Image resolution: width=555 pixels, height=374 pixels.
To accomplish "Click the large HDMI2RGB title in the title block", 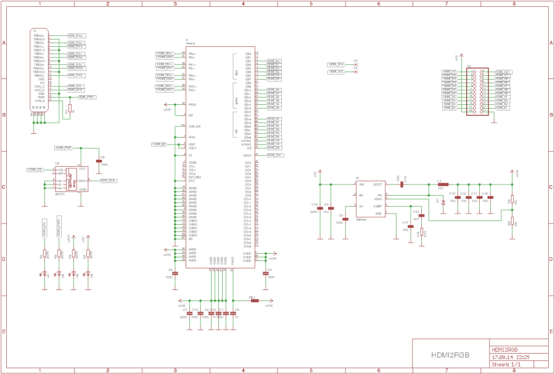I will click(450, 355).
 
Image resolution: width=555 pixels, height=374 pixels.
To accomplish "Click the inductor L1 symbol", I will click(442, 184).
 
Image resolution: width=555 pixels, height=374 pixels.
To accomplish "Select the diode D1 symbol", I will click(443, 202).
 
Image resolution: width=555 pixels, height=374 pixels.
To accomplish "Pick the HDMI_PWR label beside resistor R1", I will click(86, 97).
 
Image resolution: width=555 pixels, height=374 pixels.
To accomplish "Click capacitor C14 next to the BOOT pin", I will click(401, 184).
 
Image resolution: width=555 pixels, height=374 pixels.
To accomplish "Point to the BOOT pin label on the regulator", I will click(377, 184).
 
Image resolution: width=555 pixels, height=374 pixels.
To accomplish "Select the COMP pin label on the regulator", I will click(378, 206).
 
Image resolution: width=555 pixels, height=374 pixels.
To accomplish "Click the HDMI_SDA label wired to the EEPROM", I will click(109, 180).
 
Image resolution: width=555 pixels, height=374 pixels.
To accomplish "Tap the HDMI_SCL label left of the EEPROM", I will click(35, 169).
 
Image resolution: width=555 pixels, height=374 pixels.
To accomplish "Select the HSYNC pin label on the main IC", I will click(247, 141).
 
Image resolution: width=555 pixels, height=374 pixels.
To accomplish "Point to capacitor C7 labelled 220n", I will click(184, 314).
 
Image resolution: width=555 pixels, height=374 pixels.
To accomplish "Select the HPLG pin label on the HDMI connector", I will click(41, 101).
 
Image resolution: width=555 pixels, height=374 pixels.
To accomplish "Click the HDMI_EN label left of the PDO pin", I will click(159, 144).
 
